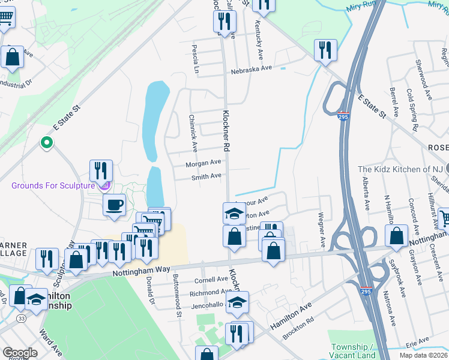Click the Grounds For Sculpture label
point(53,185)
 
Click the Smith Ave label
point(206,176)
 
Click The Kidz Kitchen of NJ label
point(406,169)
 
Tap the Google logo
point(19,353)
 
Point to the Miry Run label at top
point(360,8)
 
